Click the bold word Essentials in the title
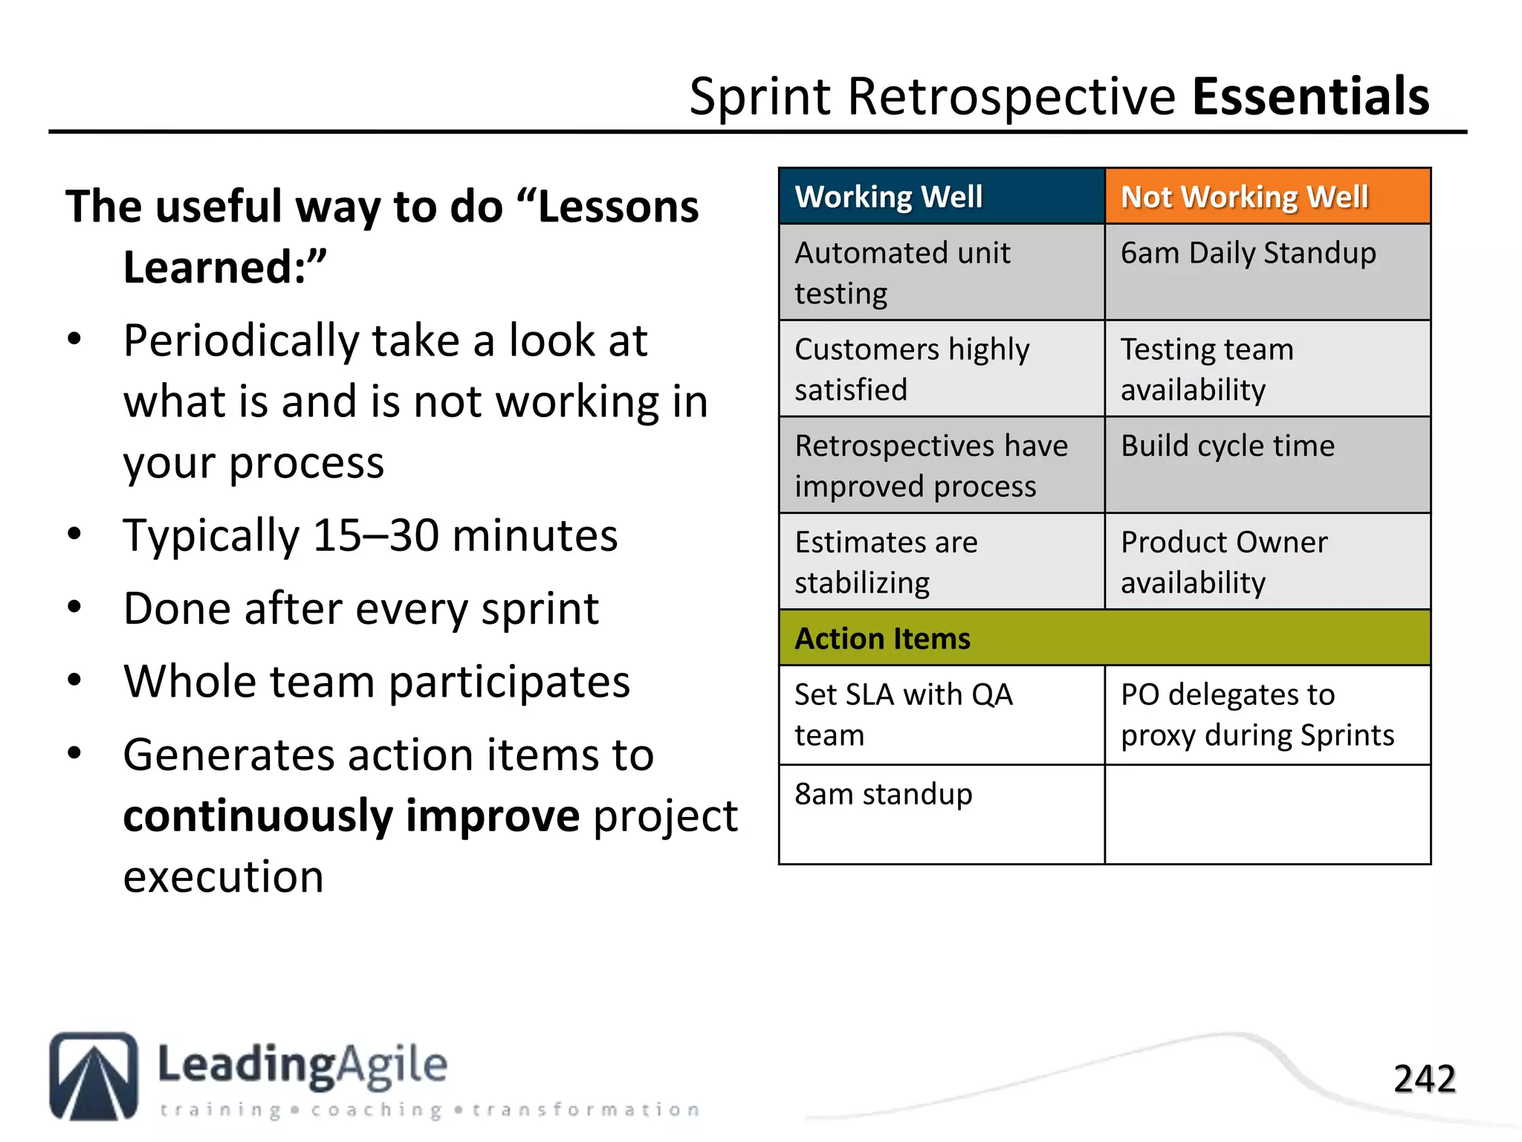click(1310, 97)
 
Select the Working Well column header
click(941, 197)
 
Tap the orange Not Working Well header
click(1267, 197)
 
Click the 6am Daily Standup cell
click(1267, 271)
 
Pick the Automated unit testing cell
click(941, 272)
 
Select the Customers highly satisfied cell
click(941, 369)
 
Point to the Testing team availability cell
click(1267, 369)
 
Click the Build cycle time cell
click(1267, 465)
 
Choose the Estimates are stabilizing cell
click(941, 562)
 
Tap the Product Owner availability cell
click(1267, 562)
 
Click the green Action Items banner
click(1104, 639)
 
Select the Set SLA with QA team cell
click(941, 714)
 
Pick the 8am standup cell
click(941, 813)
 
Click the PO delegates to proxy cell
click(1267, 714)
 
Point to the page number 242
click(1424, 1079)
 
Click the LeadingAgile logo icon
click(94, 1076)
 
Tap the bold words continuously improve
click(351, 816)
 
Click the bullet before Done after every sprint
click(74, 607)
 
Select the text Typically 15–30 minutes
click(370, 535)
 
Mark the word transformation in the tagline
click(586, 1110)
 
